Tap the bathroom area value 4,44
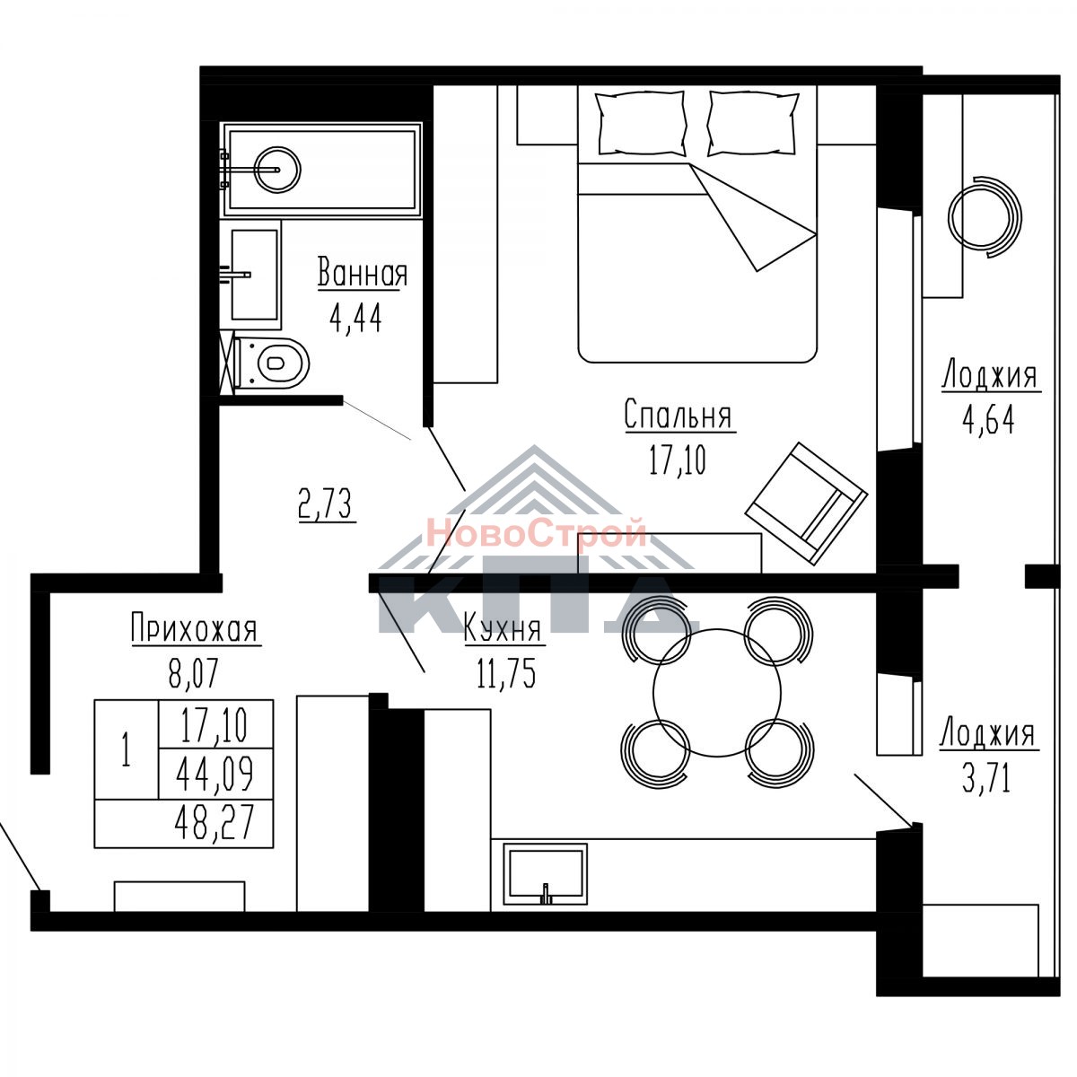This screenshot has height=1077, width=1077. click(356, 320)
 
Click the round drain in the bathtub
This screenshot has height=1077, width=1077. click(277, 169)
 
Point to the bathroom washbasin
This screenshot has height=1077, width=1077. click(255, 275)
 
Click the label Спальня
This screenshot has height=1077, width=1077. click(678, 415)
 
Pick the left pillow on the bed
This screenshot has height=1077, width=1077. click(641, 123)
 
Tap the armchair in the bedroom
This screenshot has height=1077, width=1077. click(807, 503)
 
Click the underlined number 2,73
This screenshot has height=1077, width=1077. click(327, 503)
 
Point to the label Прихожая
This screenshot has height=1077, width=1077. click(195, 627)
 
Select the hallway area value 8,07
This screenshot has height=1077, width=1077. click(194, 673)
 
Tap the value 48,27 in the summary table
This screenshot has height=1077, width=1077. click(215, 821)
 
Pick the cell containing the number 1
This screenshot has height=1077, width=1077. click(127, 749)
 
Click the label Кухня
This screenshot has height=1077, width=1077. click(503, 629)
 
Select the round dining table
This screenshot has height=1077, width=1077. click(717, 693)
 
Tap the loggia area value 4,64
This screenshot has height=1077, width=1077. click(988, 419)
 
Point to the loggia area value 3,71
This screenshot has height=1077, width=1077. click(987, 778)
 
